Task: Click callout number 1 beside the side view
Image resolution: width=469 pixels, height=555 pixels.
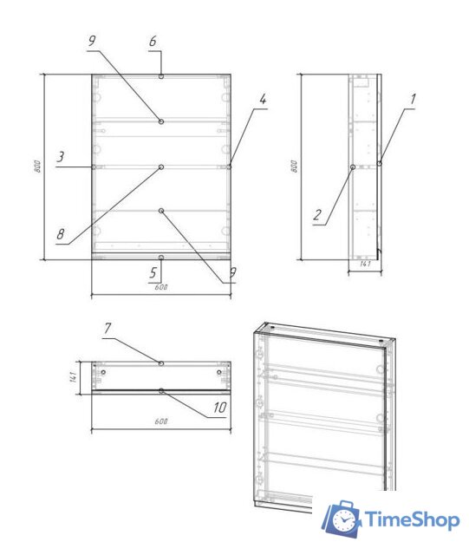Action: point(413,100)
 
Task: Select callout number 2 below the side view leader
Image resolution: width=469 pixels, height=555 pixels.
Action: point(318,216)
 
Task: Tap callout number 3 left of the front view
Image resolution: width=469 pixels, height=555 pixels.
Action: point(61,157)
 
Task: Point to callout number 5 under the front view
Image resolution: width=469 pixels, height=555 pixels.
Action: point(153,273)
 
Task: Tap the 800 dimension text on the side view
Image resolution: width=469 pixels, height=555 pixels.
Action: point(293,167)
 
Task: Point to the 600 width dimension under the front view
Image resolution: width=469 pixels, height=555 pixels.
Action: point(161,288)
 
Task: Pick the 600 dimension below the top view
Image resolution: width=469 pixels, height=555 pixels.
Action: point(161,421)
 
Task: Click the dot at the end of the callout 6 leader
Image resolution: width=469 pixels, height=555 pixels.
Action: point(161,76)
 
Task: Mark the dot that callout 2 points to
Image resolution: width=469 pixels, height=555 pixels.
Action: point(352,166)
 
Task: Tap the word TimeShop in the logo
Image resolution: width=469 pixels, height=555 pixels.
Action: point(412,519)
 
